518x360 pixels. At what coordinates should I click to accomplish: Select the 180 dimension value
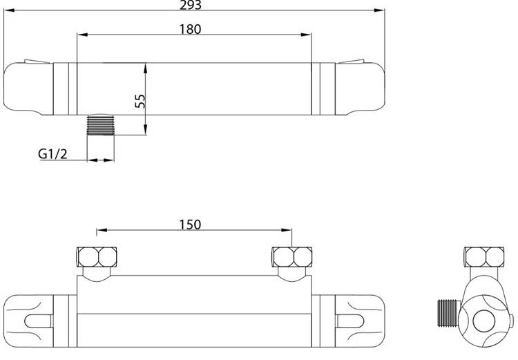pos(190,29)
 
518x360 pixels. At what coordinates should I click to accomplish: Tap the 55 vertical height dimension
pos(140,100)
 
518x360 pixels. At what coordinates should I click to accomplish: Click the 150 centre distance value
pos(190,224)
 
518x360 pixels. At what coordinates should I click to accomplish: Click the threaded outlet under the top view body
pos(101,126)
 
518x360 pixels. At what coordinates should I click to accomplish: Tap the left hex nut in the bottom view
pos(98,258)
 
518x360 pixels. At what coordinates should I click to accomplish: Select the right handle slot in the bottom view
pos(354,321)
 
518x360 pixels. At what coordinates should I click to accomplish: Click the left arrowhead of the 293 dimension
pos(8,10)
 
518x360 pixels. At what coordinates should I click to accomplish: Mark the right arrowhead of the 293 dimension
pos(380,10)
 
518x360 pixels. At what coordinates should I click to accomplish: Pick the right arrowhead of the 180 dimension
pos(308,35)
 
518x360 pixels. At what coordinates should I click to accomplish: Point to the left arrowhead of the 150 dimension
pos(101,231)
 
